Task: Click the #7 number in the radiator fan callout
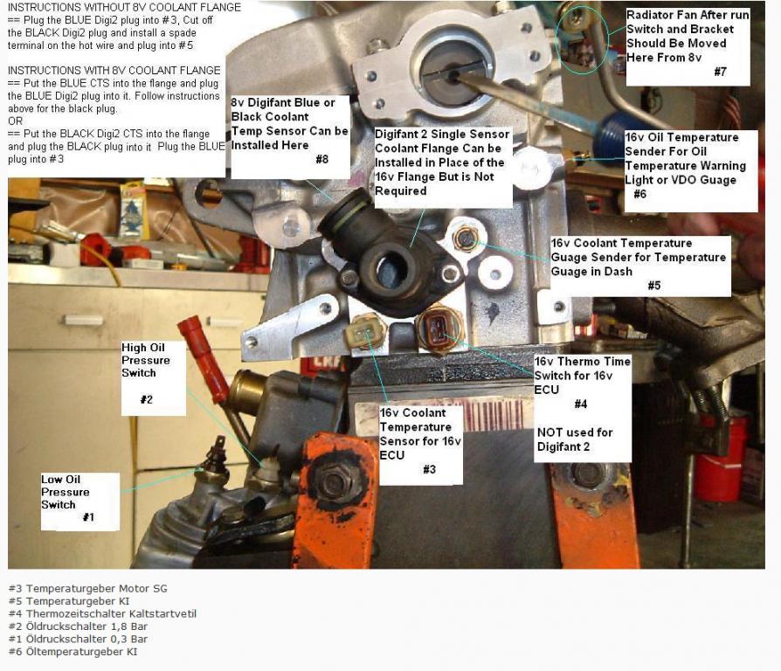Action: (x=720, y=72)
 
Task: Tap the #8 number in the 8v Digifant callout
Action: (x=322, y=159)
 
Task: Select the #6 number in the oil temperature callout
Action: (x=640, y=194)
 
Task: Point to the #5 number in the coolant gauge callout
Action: (x=654, y=286)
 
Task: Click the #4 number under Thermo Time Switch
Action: (x=581, y=404)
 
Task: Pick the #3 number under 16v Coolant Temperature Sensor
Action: (x=429, y=469)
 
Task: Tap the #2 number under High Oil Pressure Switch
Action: (x=147, y=399)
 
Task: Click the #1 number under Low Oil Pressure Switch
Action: (x=88, y=517)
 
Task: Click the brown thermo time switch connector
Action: (x=439, y=329)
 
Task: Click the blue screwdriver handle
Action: (x=616, y=133)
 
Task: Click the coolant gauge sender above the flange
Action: (x=466, y=239)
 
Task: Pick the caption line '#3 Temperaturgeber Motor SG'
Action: (x=88, y=589)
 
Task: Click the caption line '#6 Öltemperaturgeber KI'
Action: (x=73, y=652)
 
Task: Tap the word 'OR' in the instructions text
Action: (x=16, y=121)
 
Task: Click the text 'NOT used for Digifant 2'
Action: (x=575, y=439)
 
